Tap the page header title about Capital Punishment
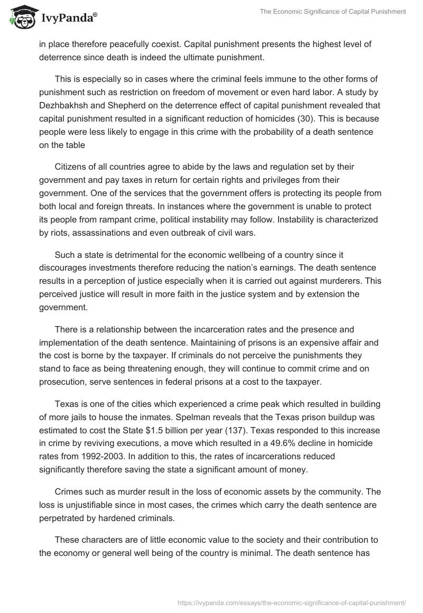click(x=333, y=12)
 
